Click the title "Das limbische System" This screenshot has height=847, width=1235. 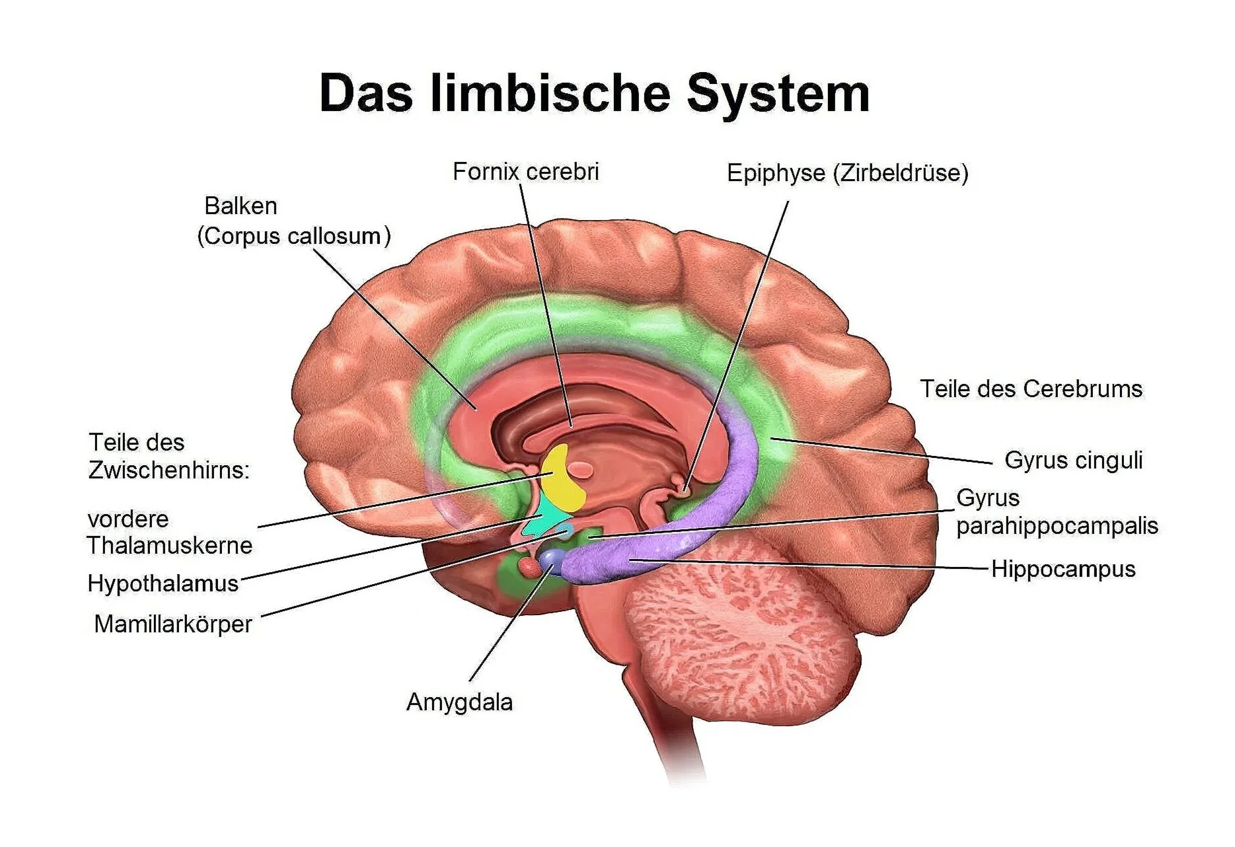click(593, 94)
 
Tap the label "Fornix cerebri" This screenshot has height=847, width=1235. click(525, 172)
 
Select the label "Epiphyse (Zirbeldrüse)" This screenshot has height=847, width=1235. click(847, 173)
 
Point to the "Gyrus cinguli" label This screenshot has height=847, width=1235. click(1073, 460)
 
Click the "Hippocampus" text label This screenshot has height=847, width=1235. click(1063, 569)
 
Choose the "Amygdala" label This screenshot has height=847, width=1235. click(459, 702)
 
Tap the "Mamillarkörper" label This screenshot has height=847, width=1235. click(173, 624)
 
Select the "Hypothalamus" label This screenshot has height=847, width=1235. click(163, 583)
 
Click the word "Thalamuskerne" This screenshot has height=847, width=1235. click(170, 546)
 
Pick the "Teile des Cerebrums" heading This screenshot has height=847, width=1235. click(1031, 388)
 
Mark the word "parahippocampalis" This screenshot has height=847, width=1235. click(1057, 526)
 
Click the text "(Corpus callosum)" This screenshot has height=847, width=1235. click(294, 236)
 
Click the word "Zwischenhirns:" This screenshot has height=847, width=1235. click(169, 470)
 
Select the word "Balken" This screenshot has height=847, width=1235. click(241, 206)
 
